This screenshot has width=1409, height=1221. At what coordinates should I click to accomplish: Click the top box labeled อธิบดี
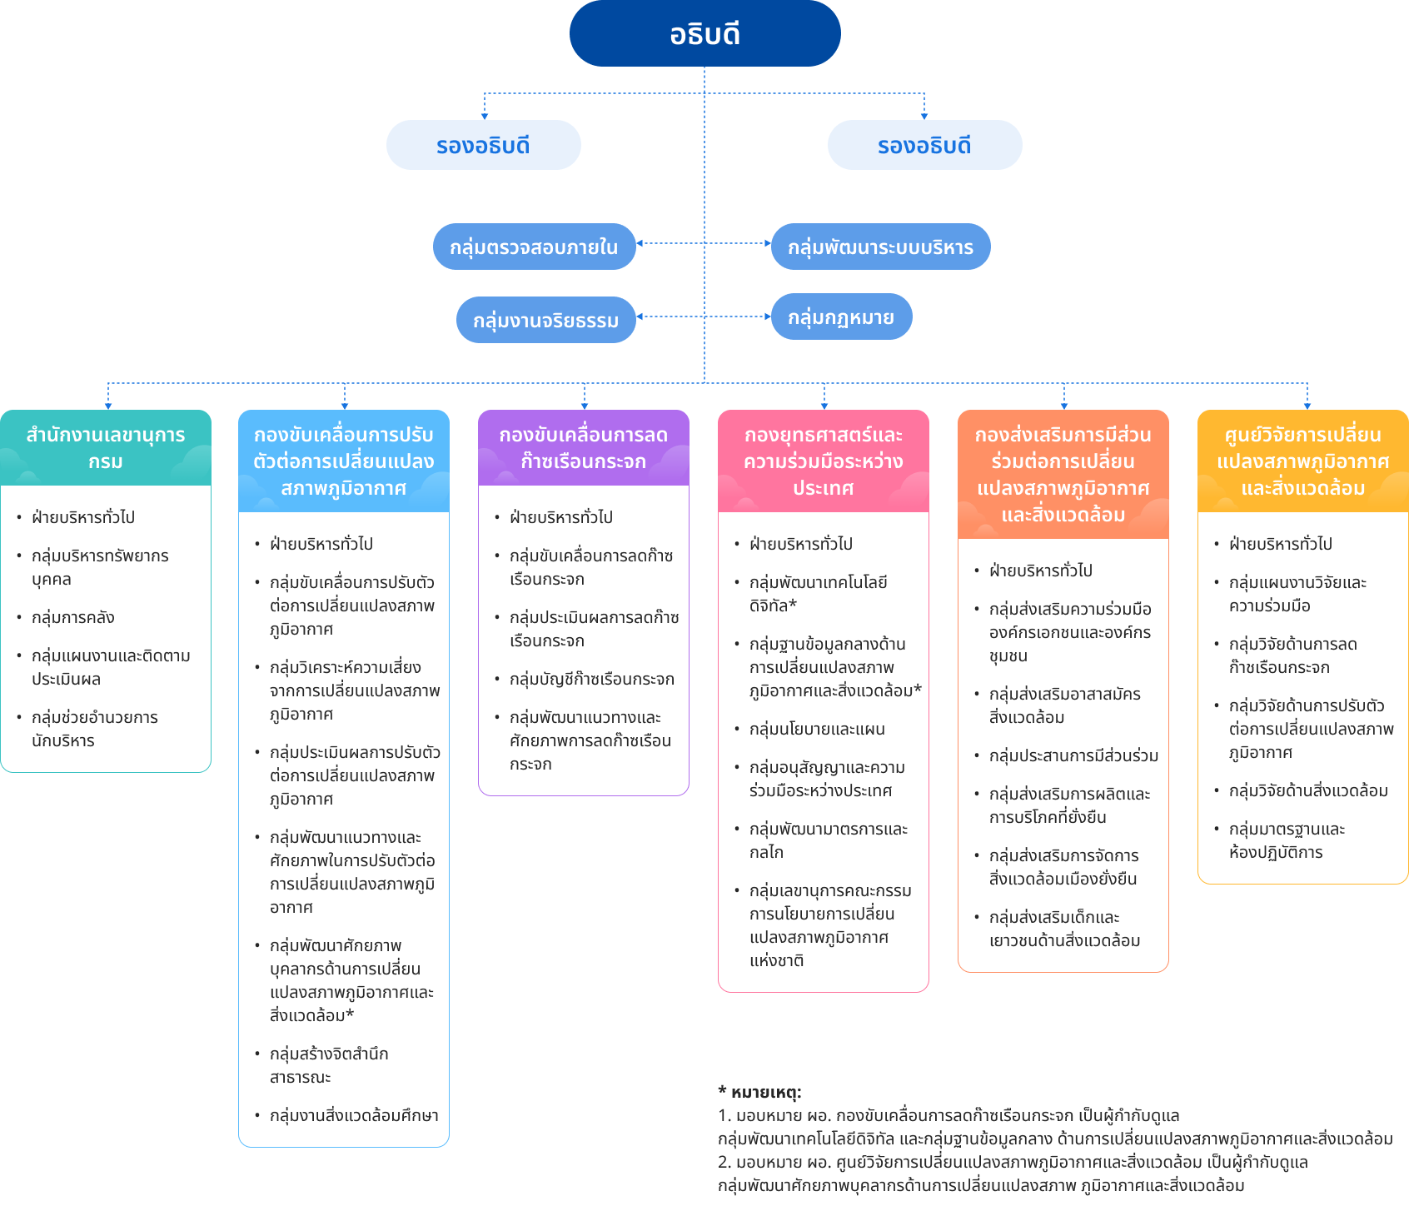click(x=704, y=33)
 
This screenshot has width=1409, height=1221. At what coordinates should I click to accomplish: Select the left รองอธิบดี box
click(x=484, y=145)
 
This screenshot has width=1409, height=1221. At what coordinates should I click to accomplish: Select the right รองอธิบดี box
click(x=924, y=145)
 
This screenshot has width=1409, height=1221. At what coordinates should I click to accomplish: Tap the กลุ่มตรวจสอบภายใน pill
click(x=535, y=247)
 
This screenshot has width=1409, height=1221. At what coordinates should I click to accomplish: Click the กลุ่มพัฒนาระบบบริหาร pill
click(x=881, y=247)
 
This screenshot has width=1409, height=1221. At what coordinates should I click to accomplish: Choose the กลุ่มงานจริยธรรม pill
click(x=546, y=320)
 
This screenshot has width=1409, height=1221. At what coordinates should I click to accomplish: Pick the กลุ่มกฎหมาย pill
click(x=842, y=316)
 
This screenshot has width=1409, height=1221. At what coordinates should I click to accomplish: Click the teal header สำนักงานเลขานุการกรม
click(x=106, y=448)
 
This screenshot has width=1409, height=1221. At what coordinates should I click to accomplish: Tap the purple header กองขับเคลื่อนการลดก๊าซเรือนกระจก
click(x=584, y=448)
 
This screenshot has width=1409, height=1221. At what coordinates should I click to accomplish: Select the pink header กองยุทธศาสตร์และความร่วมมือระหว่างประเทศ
click(x=824, y=461)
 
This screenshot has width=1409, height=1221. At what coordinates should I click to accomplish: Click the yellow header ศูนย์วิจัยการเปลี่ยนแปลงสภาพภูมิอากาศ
click(x=1303, y=461)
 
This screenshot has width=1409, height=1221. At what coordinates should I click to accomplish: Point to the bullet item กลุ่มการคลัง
click(x=73, y=617)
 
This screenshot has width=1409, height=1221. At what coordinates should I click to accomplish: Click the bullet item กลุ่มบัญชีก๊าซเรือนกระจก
click(x=592, y=679)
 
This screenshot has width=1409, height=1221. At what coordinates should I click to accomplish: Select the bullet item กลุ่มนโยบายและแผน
click(x=817, y=729)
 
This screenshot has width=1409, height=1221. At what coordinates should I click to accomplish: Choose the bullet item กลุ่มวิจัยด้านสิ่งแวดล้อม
click(x=1308, y=790)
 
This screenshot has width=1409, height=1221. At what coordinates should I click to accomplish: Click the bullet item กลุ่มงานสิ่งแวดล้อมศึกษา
click(x=354, y=1115)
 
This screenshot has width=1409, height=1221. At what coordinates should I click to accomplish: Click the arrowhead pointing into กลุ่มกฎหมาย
click(x=768, y=316)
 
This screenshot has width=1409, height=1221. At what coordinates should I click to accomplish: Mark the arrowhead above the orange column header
click(x=1064, y=406)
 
